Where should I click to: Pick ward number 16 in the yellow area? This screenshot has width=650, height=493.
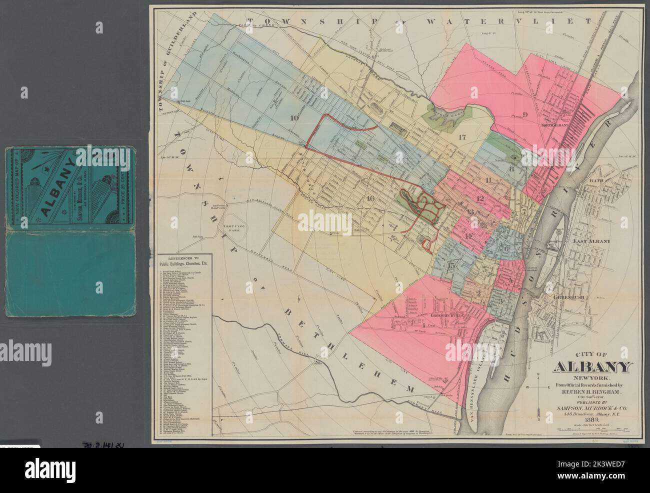pyautogui.click(x=370, y=198)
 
